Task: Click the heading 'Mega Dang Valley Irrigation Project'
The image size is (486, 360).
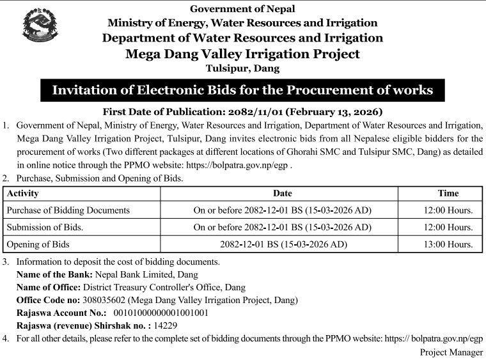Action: coord(242,54)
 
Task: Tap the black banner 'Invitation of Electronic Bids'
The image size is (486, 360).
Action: coord(242,90)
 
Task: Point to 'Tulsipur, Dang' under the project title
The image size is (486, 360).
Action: coord(242,68)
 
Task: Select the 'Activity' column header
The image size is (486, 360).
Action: coord(22,193)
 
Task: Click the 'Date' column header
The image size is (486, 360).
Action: coord(282,193)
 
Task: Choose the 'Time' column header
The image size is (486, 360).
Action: coord(448,193)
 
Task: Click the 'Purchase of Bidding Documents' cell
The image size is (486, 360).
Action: coord(68,210)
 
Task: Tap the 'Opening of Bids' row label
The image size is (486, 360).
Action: coord(38,244)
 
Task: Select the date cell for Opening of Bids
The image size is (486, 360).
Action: coord(282,244)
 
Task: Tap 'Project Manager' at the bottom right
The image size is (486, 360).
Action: coord(451,352)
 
